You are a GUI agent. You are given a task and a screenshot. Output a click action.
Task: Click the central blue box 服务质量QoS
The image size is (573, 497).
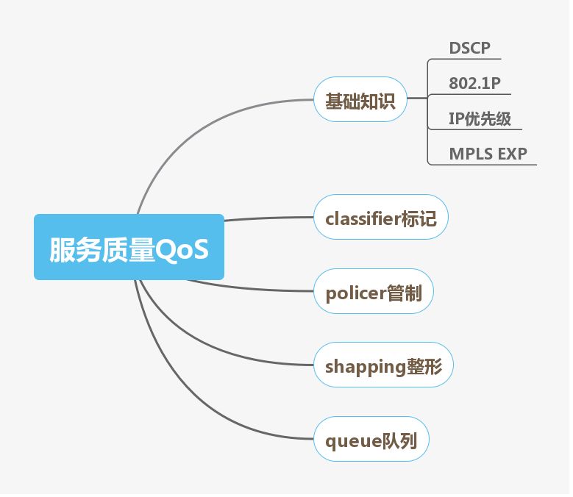pyautogui.click(x=129, y=247)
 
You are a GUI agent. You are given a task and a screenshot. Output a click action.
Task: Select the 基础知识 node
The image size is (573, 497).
pyautogui.click(x=360, y=99)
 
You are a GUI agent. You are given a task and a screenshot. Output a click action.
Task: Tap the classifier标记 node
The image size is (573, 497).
pyautogui.click(x=380, y=217)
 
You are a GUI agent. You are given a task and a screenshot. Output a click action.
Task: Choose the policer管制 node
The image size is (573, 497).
pyautogui.click(x=373, y=292)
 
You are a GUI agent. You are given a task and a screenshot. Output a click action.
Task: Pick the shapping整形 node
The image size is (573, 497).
pyautogui.click(x=383, y=365)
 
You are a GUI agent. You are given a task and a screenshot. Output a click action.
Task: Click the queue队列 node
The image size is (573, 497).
pyautogui.click(x=371, y=440)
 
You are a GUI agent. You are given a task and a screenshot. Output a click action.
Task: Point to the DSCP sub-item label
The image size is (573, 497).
pyautogui.click(x=469, y=49)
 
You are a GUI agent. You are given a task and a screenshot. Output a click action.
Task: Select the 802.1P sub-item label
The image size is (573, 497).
pyautogui.click(x=474, y=84)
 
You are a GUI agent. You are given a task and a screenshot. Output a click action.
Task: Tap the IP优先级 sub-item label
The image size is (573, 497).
pyautogui.click(x=480, y=119)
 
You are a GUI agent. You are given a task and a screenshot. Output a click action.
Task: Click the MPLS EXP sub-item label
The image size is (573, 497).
pyautogui.click(x=488, y=154)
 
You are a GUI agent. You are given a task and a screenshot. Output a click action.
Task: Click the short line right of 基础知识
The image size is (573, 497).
pyautogui.click(x=416, y=98)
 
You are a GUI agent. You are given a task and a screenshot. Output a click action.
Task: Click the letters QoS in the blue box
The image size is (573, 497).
pyautogui.click(x=182, y=249)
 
